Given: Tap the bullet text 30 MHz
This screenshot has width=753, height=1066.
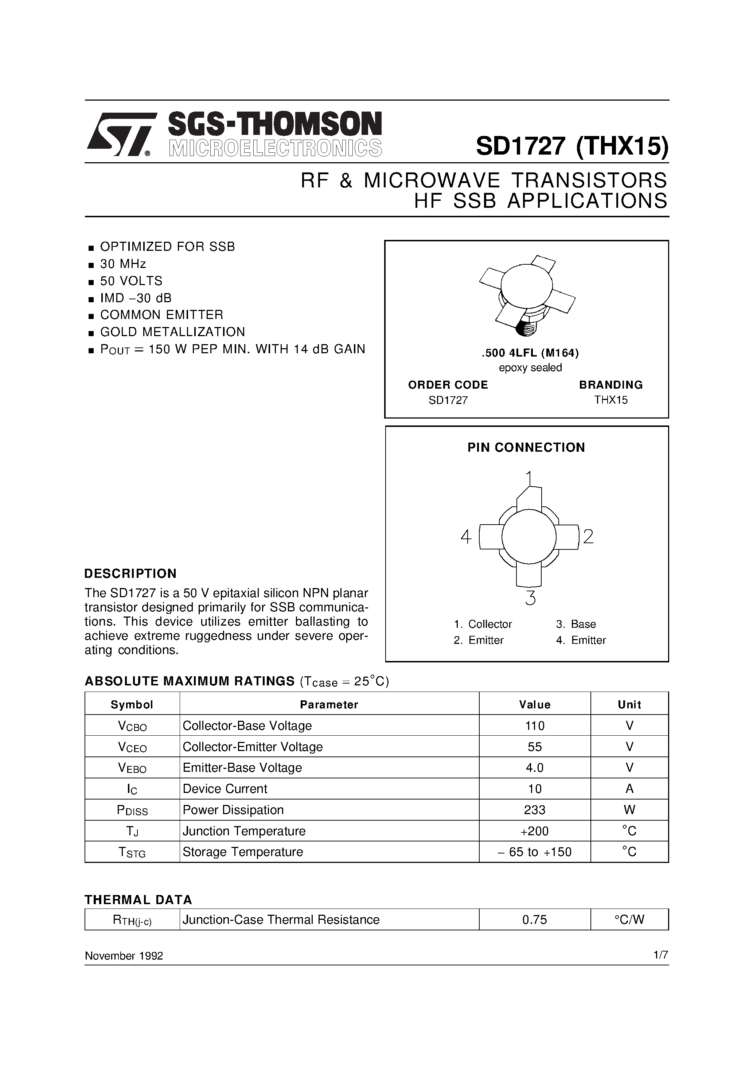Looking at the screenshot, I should pos(123,264).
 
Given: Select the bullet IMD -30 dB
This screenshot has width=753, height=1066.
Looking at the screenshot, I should pos(136,298).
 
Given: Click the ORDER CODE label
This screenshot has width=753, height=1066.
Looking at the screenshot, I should pos(448,385).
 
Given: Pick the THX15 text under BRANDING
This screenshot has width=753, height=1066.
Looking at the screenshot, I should pos(610,400).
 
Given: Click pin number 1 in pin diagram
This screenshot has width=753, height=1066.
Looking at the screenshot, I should pos(529,478).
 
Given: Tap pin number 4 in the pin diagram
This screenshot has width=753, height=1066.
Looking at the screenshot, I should pos(466,537).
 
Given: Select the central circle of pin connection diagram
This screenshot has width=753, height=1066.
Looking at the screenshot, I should pos(529,537).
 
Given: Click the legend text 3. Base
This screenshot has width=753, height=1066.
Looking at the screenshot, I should pos(576,624).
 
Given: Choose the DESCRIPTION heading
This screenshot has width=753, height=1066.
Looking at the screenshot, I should pos(130,574).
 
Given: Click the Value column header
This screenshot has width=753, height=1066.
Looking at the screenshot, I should pos(534,705).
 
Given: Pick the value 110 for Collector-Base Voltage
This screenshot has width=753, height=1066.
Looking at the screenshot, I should pos(534,726).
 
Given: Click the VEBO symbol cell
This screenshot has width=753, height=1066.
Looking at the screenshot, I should pos(132,768).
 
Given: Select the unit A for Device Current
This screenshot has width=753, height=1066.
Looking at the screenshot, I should pos(629,789).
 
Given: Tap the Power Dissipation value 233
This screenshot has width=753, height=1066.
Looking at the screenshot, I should pos(534,810).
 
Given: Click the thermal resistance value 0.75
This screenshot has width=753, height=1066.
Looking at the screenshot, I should pos(534,919).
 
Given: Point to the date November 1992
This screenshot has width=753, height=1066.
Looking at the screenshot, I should pos(124,956).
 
